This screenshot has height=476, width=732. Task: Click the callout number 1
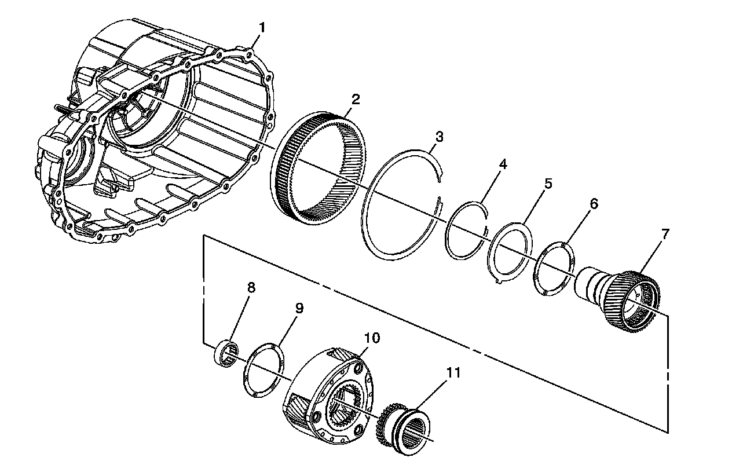(262, 27)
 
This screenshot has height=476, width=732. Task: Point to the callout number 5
(548, 184)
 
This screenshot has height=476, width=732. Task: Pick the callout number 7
(665, 234)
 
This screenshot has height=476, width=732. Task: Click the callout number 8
(251, 288)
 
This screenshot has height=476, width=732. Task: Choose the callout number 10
(371, 338)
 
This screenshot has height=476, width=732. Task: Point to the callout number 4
(503, 164)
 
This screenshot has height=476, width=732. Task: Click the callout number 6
(594, 203)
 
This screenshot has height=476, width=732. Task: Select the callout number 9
(299, 307)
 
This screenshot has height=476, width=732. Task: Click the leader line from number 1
(255, 41)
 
